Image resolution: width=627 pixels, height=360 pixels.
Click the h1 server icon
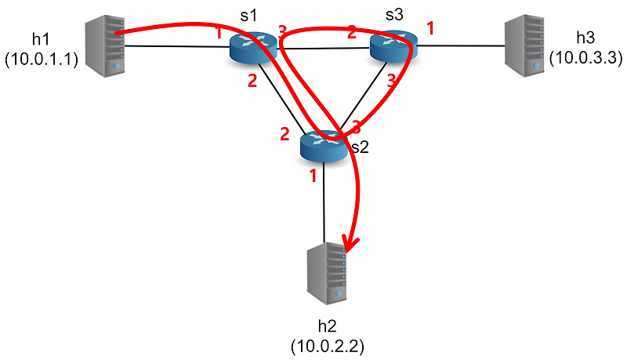coord(105,47)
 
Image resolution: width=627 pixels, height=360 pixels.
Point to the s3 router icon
coord(394,46)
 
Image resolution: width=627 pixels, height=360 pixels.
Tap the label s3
coord(394,15)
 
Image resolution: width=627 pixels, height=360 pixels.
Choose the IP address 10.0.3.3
coord(585,57)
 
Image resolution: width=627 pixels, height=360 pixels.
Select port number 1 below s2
coord(312,176)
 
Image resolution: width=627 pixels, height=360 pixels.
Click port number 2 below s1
coord(252,81)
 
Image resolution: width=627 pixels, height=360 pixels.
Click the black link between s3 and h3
coord(462,46)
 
